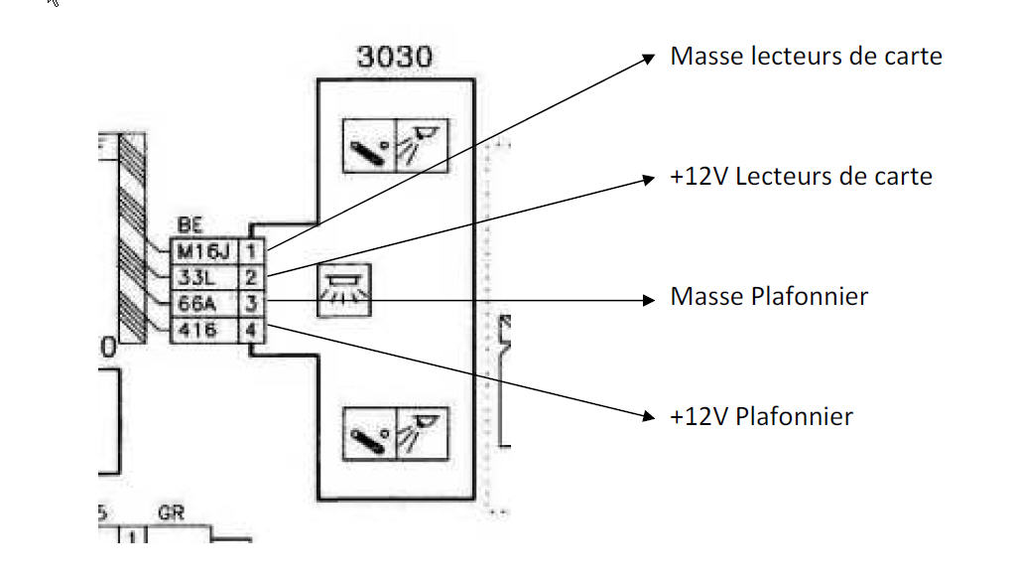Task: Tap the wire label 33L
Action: click(198, 278)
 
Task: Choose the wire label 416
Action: click(198, 330)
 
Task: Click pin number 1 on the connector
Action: click(252, 253)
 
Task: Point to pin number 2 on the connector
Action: click(252, 278)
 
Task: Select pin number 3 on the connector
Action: click(252, 304)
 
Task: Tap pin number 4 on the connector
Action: click(252, 330)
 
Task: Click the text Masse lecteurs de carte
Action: click(806, 57)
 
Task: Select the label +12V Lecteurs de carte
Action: click(801, 177)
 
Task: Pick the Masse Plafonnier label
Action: click(769, 296)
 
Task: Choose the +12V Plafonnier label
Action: click(761, 416)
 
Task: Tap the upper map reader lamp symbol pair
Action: click(395, 146)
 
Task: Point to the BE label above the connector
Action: click(189, 227)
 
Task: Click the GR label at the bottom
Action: click(172, 515)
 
